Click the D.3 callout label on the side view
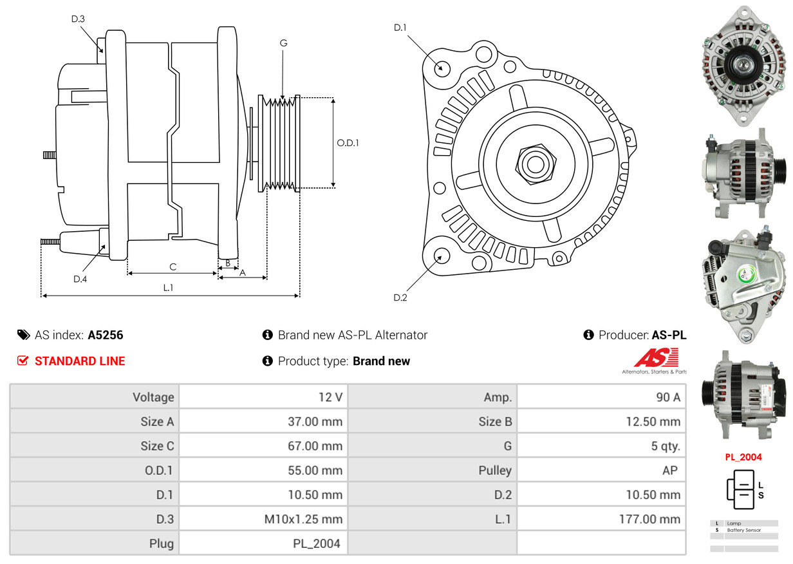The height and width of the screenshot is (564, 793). [78, 19]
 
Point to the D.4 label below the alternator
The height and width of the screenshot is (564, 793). [80, 279]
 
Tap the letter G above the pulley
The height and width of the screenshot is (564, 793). [283, 43]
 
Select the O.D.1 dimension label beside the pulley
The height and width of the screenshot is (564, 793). [348, 143]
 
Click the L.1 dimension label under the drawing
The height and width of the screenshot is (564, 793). [168, 288]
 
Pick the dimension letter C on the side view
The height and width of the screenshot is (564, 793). [173, 267]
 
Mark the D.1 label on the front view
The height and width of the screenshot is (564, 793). [400, 28]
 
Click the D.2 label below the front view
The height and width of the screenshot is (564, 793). [400, 297]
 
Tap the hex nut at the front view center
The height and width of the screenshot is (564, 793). [534, 162]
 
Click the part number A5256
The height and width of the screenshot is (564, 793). [106, 335]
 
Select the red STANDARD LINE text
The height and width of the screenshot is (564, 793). [80, 361]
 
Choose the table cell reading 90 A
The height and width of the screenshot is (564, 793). [667, 397]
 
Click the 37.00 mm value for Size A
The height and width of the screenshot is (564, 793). [315, 422]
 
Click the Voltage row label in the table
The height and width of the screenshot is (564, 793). [153, 397]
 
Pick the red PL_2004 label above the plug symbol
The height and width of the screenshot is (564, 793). [743, 457]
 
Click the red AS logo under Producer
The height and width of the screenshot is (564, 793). [656, 358]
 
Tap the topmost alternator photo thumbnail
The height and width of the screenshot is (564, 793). [743, 62]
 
